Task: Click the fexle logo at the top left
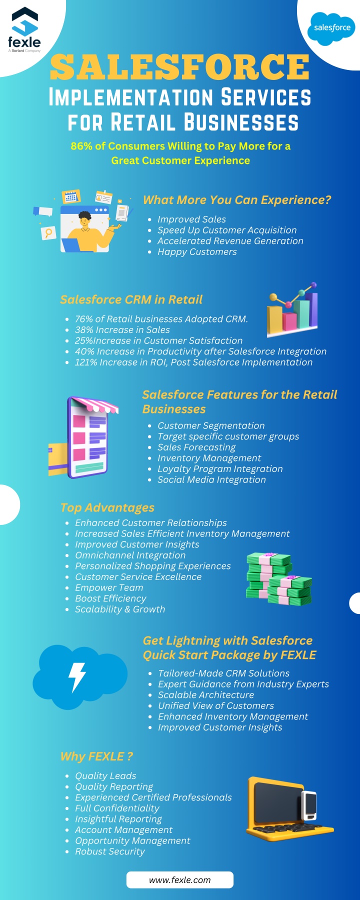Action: (x=24, y=29)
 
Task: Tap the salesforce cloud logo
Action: (x=332, y=28)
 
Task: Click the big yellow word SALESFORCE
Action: (x=180, y=67)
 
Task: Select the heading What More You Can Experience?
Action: (x=237, y=200)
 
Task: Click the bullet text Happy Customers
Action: (x=197, y=252)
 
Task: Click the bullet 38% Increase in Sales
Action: (x=122, y=330)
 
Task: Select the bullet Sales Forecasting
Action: (x=196, y=447)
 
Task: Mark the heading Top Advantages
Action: (x=107, y=507)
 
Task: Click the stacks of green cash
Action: (x=278, y=579)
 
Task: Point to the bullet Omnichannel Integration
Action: (x=130, y=555)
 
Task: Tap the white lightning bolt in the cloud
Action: (x=77, y=677)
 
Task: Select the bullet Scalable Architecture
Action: (x=206, y=695)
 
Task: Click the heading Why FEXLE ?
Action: (x=96, y=756)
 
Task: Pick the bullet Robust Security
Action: (x=110, y=851)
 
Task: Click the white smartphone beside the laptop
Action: (x=309, y=805)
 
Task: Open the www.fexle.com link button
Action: (x=180, y=880)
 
